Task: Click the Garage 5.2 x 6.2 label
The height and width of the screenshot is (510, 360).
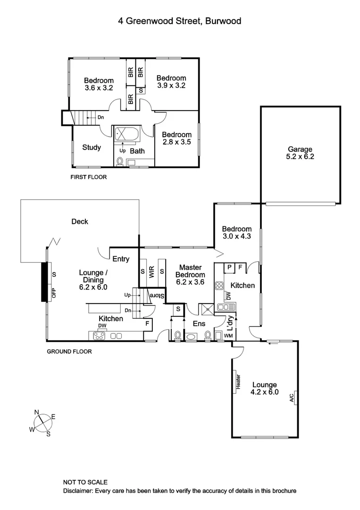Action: point(301,153)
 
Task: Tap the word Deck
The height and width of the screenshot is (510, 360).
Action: point(80,221)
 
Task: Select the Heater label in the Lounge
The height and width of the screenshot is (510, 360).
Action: point(238,382)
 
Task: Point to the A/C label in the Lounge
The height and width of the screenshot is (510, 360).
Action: point(292,397)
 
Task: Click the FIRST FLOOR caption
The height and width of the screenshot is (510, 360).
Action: point(88,178)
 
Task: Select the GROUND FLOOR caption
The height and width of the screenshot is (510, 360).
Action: point(69,352)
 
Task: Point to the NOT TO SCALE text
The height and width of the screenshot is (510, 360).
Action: point(85,482)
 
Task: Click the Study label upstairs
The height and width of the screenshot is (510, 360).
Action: point(92,147)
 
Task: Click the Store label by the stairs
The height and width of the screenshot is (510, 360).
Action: point(158,297)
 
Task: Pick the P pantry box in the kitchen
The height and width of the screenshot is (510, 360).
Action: point(229,267)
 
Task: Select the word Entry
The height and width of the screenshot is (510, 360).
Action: point(121,258)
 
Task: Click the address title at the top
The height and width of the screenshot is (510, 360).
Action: point(180,21)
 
